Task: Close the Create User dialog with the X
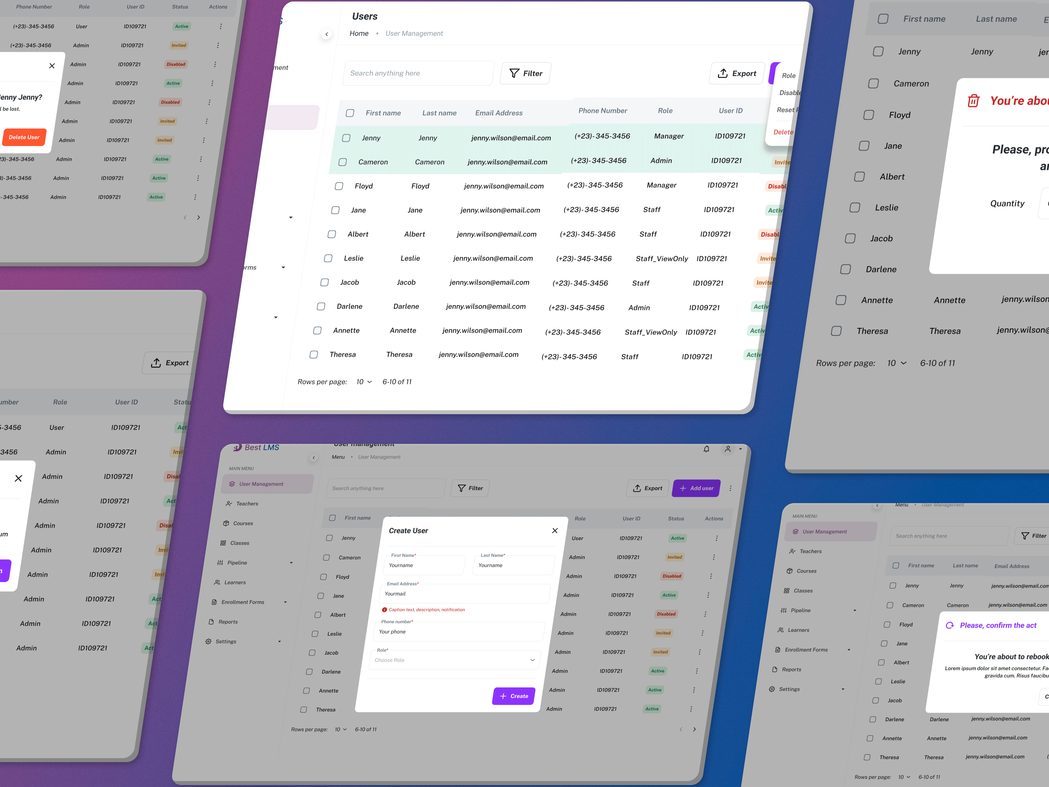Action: click(x=555, y=530)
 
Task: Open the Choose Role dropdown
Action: click(x=454, y=660)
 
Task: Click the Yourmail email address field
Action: click(x=465, y=594)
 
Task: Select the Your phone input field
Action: click(x=459, y=632)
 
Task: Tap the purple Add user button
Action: click(x=696, y=488)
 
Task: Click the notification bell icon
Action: click(x=706, y=449)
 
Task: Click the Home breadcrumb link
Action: click(x=359, y=33)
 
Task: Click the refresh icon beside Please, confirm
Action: click(x=949, y=625)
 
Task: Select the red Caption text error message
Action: click(x=426, y=610)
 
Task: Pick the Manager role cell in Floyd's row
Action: click(x=662, y=185)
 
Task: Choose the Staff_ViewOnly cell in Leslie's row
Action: click(x=662, y=259)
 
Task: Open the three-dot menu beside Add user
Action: click(x=730, y=488)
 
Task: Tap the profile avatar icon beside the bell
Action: click(x=727, y=449)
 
